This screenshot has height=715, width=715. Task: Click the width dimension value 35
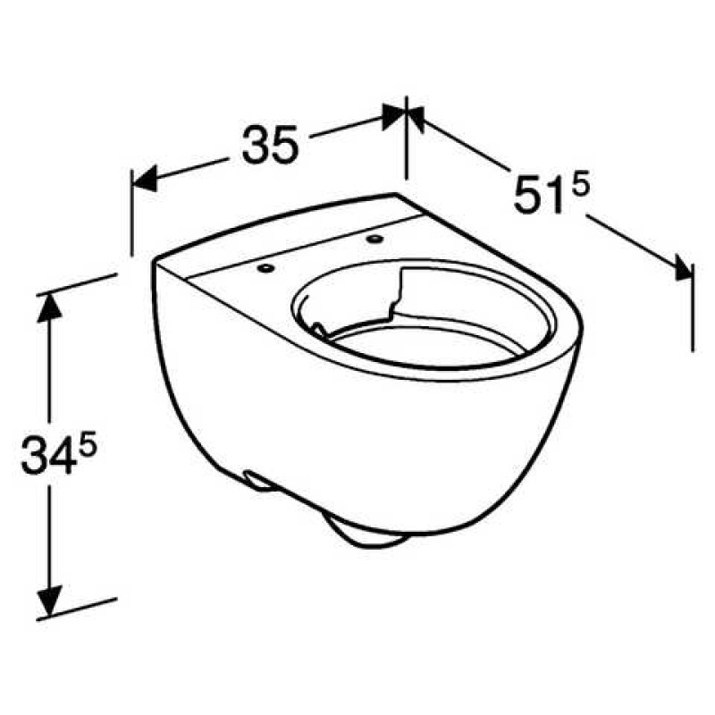(268, 145)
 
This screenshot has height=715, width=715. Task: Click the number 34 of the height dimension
(49, 455)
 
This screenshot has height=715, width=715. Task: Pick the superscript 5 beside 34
(87, 444)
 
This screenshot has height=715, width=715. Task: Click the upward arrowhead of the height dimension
(50, 307)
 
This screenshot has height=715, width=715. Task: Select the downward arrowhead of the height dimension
(50, 595)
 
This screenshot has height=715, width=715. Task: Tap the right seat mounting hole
(373, 239)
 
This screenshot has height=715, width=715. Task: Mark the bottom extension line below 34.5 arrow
(80, 607)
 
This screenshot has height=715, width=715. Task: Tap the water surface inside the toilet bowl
(420, 344)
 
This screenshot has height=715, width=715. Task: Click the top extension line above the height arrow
(80, 283)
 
